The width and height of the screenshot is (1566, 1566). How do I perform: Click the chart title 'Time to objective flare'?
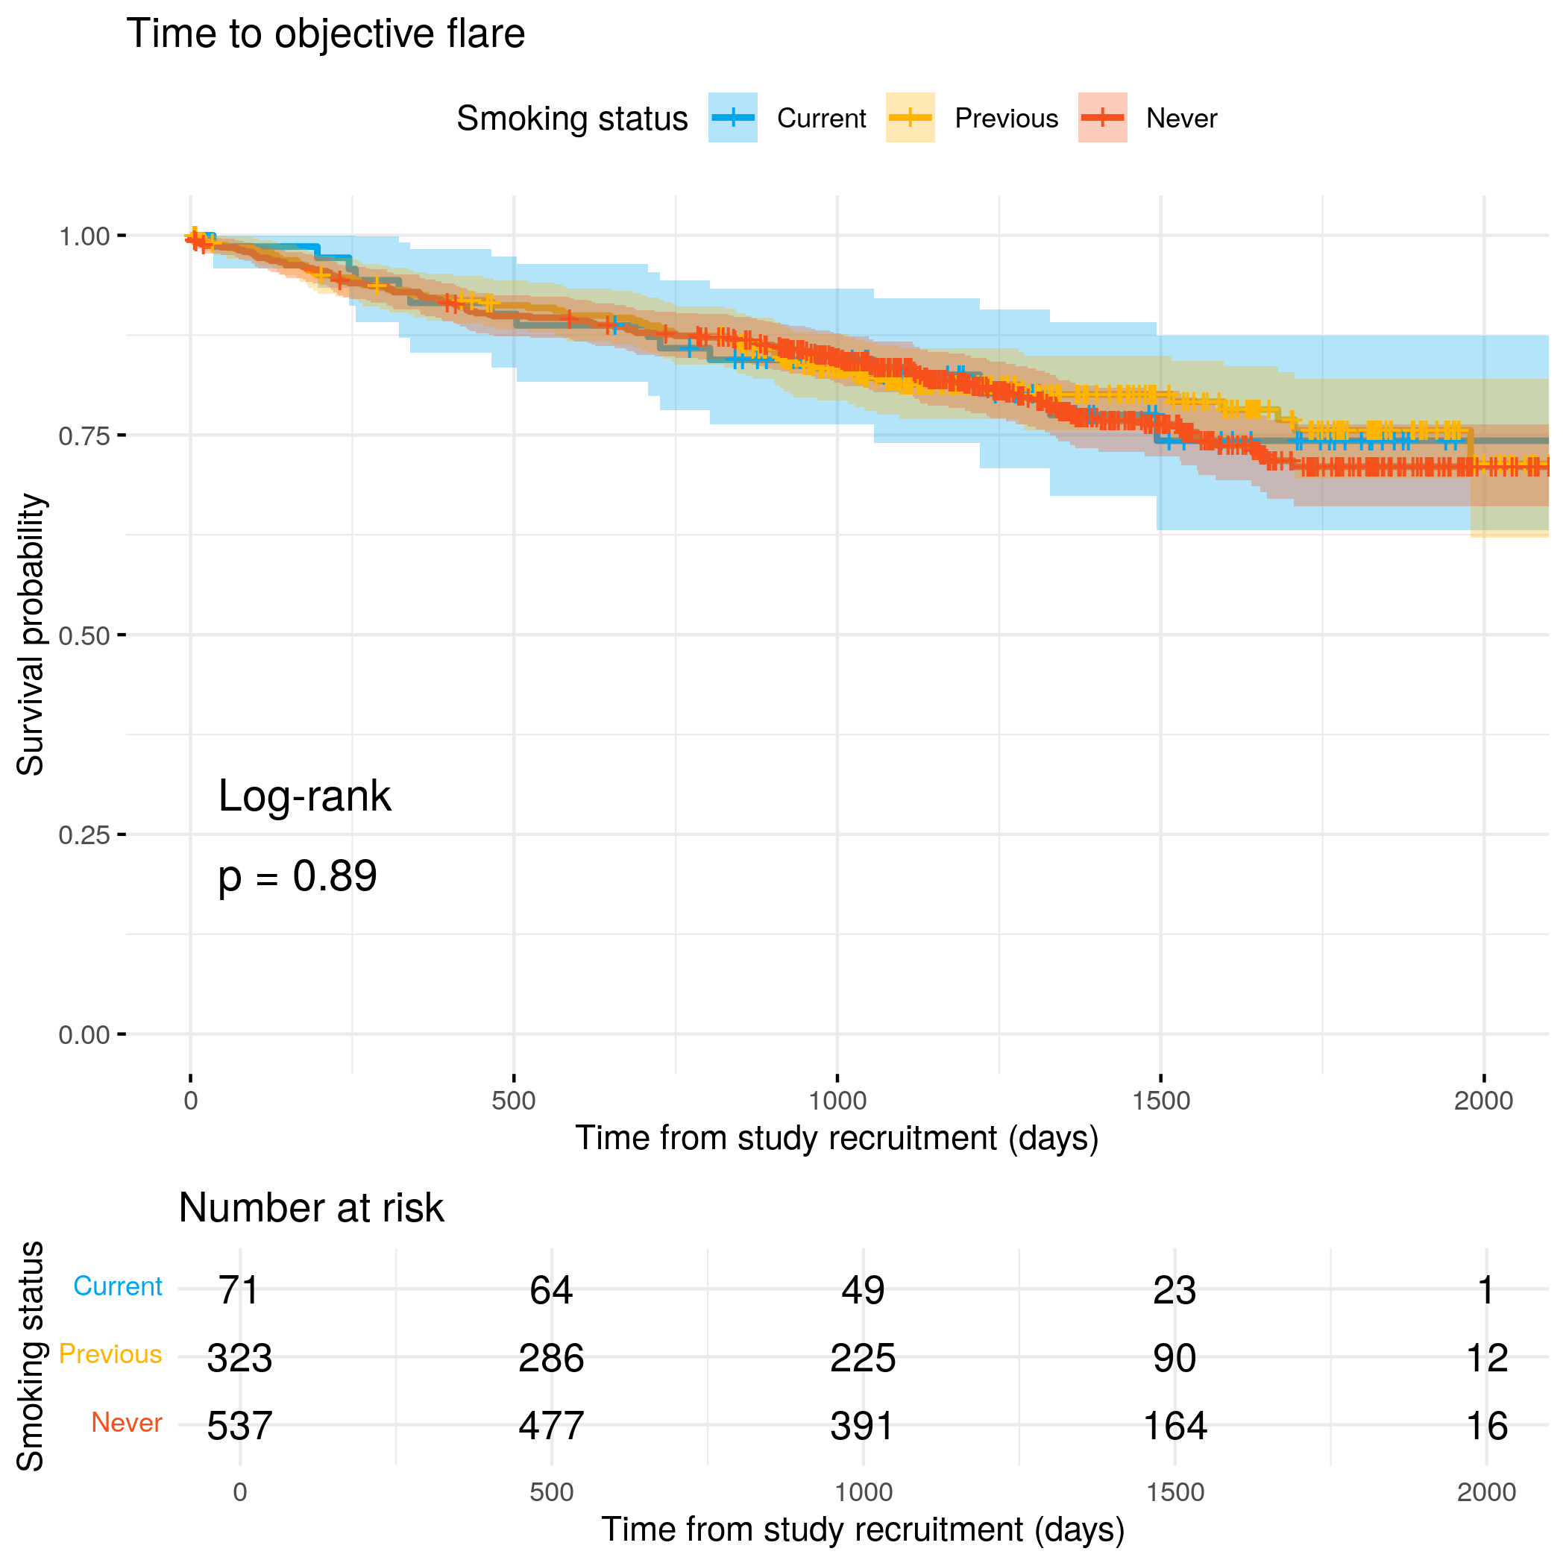(x=326, y=35)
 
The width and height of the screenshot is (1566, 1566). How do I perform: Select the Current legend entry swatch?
(x=732, y=119)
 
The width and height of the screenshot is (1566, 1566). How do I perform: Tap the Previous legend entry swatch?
(x=911, y=119)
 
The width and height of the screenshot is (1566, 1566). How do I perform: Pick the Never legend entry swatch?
(x=1102, y=119)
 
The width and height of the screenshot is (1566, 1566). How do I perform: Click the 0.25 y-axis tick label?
(x=84, y=835)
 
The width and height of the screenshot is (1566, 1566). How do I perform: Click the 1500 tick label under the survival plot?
(x=1161, y=1101)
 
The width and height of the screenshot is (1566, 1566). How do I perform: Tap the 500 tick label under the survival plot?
(x=514, y=1101)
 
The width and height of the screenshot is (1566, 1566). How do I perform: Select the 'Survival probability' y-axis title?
(x=31, y=635)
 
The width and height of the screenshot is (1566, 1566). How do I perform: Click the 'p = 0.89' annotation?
(x=298, y=876)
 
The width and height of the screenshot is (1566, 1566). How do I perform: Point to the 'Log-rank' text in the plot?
(x=305, y=796)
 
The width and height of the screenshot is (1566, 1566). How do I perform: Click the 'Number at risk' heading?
(x=311, y=1208)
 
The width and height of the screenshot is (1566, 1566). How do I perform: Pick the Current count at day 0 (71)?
(x=239, y=1289)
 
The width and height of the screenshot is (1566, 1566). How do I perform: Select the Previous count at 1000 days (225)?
(x=863, y=1358)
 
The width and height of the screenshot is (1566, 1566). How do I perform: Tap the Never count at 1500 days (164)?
(x=1174, y=1426)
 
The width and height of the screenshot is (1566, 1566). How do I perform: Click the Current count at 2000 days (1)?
(x=1485, y=1289)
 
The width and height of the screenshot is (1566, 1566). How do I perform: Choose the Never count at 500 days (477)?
(x=551, y=1426)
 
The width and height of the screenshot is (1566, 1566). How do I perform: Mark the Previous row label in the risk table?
(x=110, y=1354)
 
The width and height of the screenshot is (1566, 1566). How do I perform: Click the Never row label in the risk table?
(x=127, y=1423)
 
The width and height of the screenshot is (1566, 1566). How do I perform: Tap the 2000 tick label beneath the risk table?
(x=1485, y=1492)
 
